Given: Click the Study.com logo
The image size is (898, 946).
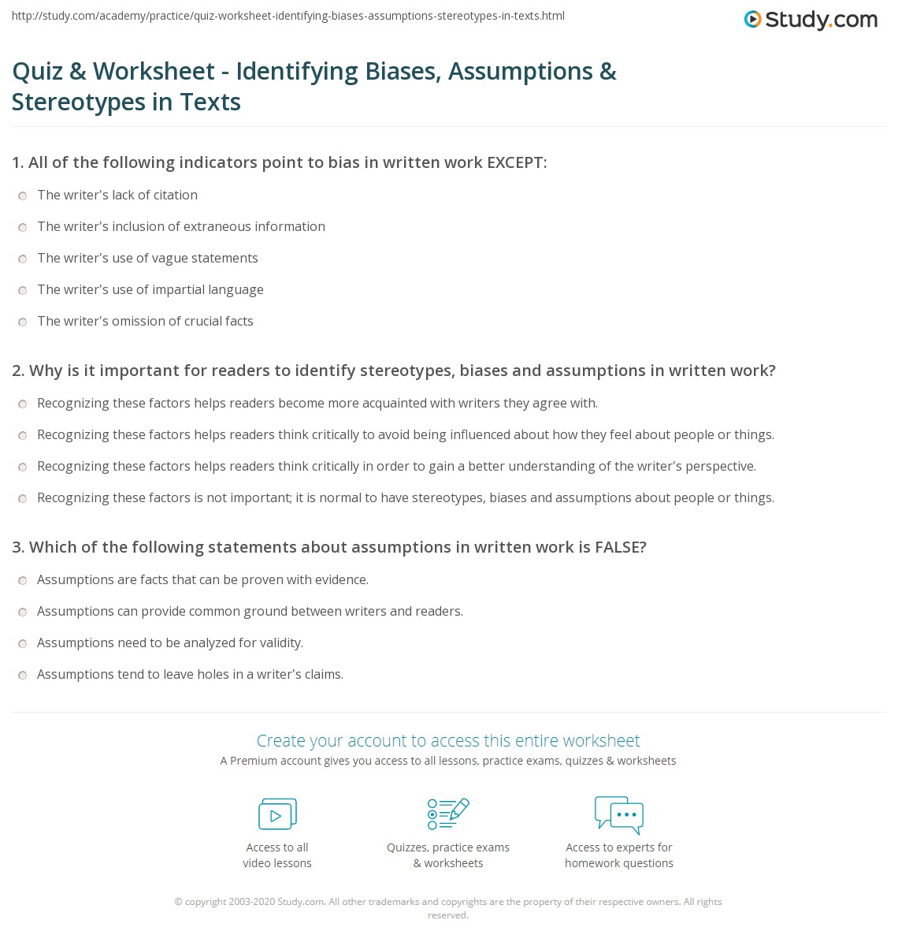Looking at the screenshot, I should [x=811, y=20].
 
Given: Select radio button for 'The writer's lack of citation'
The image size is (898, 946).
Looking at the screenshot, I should [x=23, y=196].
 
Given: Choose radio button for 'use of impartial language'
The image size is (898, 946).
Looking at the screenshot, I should [x=23, y=290].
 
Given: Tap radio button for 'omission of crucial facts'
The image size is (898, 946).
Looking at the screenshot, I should [x=23, y=322].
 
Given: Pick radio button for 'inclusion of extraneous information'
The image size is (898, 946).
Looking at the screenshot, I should [x=23, y=227].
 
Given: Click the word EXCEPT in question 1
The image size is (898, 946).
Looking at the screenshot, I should [x=516, y=162].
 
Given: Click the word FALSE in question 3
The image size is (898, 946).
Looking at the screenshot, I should [x=620, y=547].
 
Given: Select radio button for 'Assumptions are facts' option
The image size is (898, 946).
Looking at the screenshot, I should [x=23, y=580].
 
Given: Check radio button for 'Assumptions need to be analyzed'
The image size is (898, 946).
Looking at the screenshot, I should [x=23, y=643].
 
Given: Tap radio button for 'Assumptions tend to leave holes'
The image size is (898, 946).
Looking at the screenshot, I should [x=23, y=675].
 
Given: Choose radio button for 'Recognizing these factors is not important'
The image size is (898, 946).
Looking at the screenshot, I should [x=23, y=498].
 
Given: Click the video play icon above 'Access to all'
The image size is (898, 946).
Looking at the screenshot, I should [x=277, y=814].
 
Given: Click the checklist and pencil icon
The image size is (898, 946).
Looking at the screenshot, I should [x=448, y=814].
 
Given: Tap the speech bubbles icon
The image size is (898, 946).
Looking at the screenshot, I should [x=619, y=814].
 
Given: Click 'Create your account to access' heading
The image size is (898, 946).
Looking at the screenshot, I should [x=448, y=740].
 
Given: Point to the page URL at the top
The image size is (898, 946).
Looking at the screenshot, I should [x=288, y=16].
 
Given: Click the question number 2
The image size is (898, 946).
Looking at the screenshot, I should [x=17, y=371].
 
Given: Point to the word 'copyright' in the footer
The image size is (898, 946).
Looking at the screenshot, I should [x=206, y=902].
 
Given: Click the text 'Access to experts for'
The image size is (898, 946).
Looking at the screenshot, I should [x=619, y=847].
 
